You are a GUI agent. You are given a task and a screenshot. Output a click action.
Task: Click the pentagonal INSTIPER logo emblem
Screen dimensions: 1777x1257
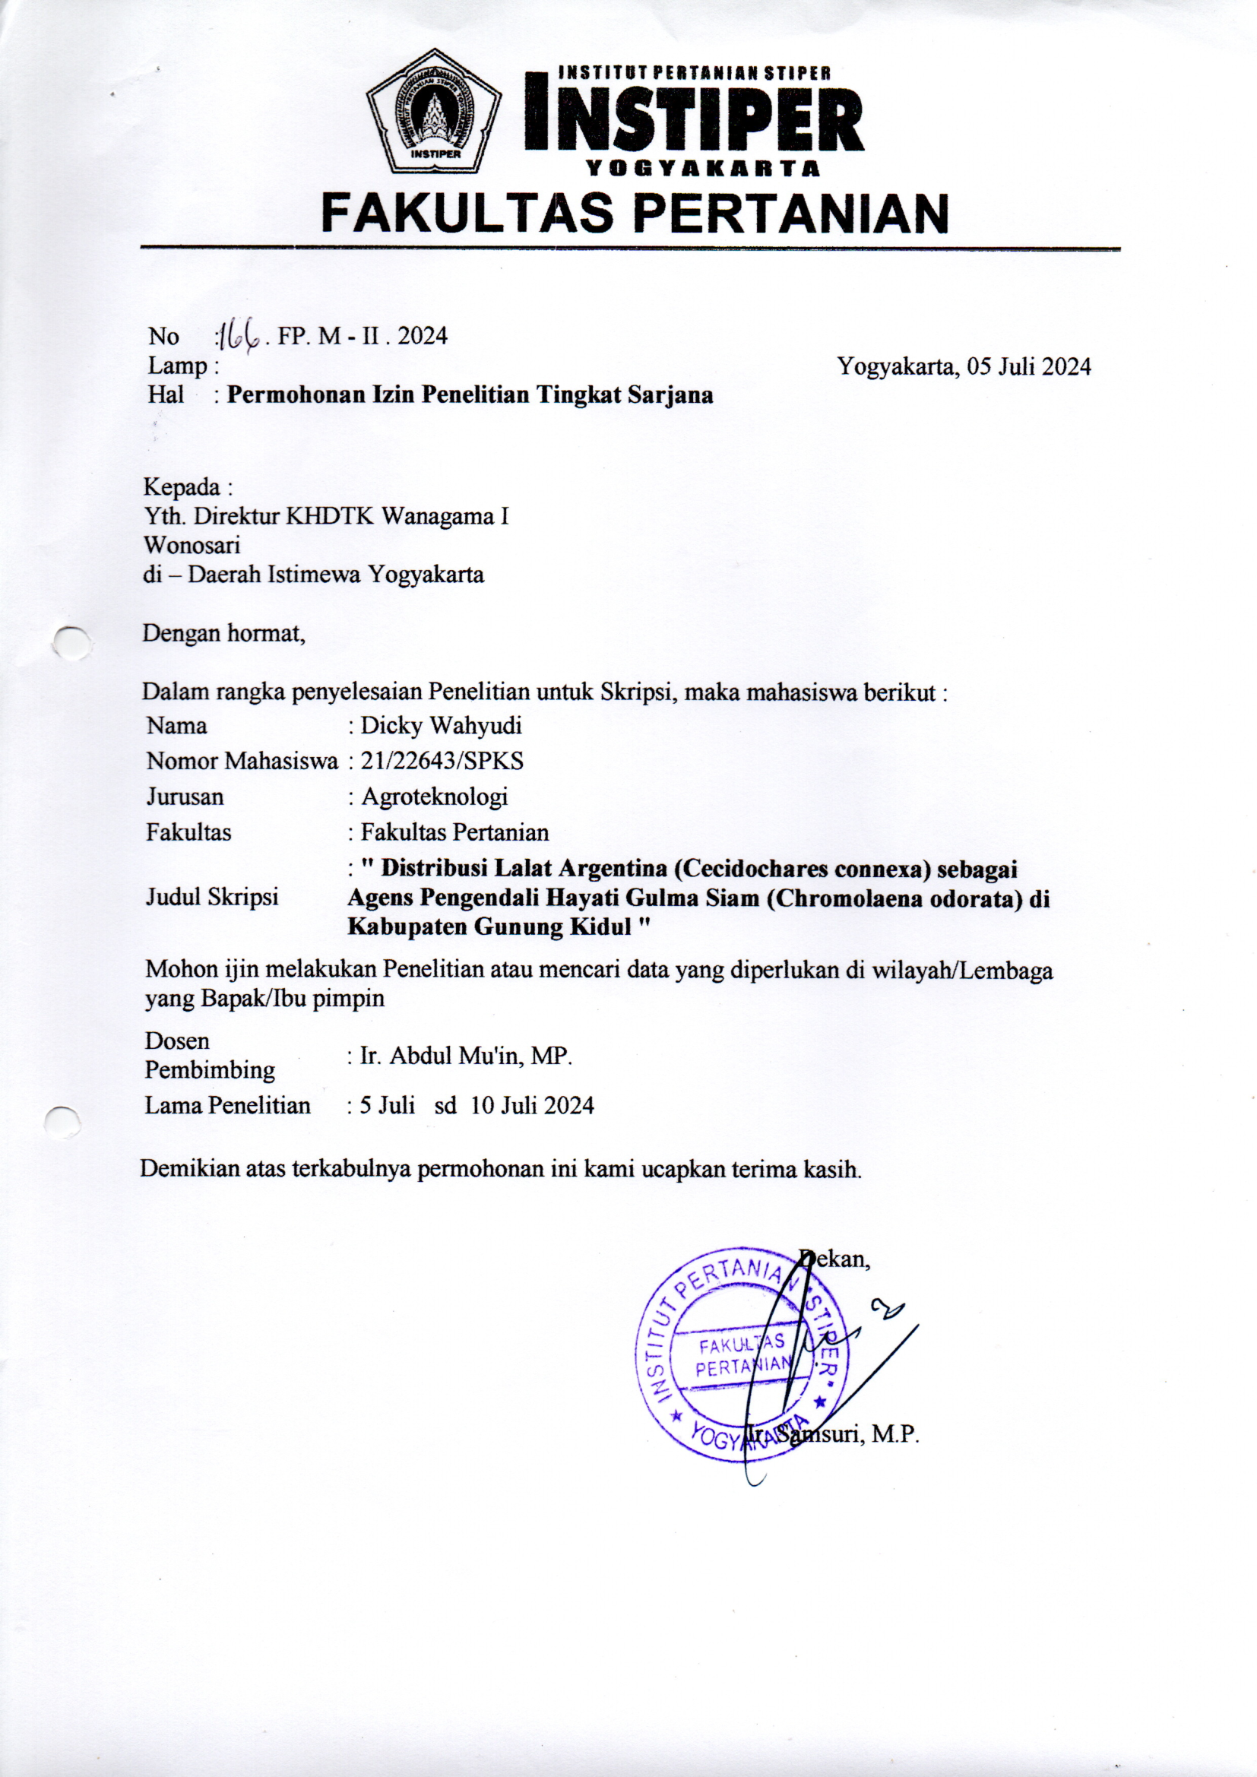coord(433,113)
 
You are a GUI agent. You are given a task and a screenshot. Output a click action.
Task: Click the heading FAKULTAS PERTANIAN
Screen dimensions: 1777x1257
coord(635,213)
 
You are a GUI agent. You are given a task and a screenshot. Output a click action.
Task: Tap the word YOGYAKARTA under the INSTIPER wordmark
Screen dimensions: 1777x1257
coord(702,168)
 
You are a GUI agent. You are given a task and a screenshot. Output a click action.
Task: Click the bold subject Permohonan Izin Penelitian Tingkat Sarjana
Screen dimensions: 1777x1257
coord(470,395)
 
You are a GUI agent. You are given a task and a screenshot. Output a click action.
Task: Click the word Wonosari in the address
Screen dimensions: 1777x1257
coord(192,545)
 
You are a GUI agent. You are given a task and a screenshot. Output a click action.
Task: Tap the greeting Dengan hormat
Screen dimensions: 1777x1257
coord(223,634)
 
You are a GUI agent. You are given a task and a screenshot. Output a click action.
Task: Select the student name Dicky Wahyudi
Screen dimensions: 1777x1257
coord(442,726)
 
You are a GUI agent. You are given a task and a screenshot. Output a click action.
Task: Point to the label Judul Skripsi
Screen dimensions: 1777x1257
coord(212,897)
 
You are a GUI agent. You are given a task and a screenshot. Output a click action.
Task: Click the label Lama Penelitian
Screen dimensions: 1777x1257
coord(227,1105)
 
